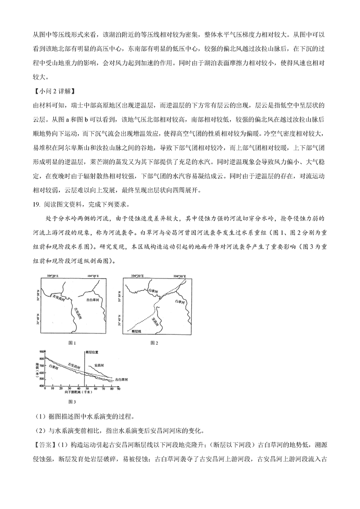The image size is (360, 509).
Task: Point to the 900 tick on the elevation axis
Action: [42, 351]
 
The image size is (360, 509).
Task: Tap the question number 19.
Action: [36, 203]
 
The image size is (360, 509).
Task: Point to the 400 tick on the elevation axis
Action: [42, 386]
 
